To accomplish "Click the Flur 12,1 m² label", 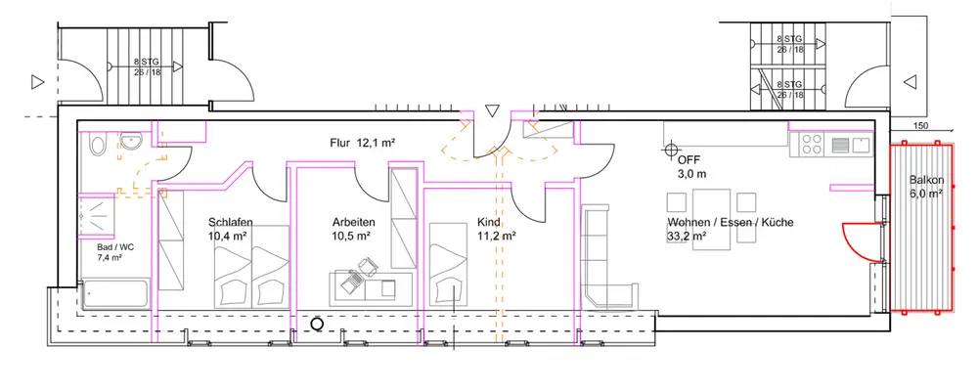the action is [x=363, y=143].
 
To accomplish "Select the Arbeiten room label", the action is [x=354, y=222].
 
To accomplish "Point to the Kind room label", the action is [x=488, y=222].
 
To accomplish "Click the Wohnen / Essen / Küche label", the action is [x=731, y=222].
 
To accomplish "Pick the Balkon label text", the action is [x=925, y=180].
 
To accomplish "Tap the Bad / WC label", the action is [x=114, y=247].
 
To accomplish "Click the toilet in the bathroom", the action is [x=98, y=145].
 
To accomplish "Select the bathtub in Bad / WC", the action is [x=115, y=294].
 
